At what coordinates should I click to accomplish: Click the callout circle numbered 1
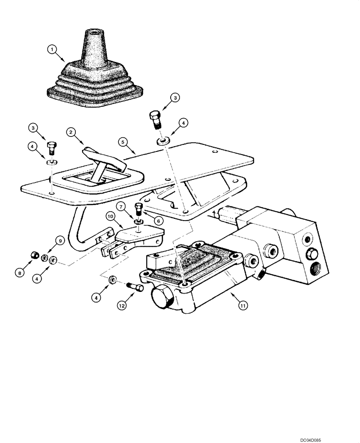52,50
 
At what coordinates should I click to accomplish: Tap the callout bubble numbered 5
122,143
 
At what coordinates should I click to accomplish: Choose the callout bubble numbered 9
59,241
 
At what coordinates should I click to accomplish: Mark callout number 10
110,217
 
